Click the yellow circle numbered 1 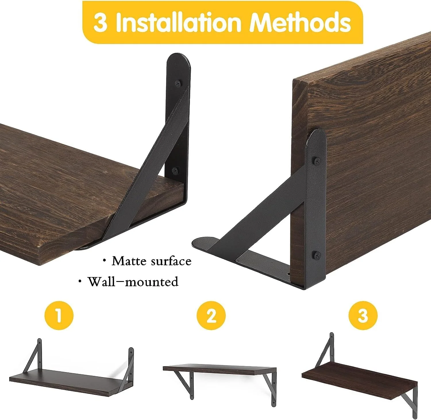point(59,316)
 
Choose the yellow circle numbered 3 point(363,316)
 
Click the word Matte point(127,261)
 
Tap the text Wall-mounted point(133,281)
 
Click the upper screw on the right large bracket point(317,161)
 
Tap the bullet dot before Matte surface point(104,261)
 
